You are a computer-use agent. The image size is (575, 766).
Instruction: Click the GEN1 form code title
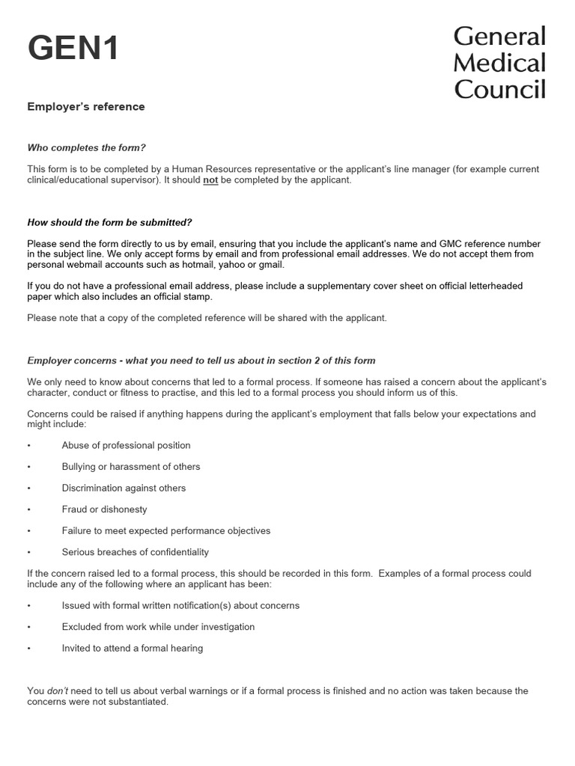pos(73,50)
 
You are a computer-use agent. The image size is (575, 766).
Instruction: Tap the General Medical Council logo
pos(499,63)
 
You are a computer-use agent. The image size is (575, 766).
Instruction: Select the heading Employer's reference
pos(86,107)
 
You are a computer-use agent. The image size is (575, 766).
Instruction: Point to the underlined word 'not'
pos(210,180)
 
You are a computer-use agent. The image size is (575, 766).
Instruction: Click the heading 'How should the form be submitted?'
pos(109,222)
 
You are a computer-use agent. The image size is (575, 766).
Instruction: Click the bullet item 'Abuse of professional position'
pos(126,445)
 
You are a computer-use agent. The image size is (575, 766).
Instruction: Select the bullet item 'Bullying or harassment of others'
pos(131,467)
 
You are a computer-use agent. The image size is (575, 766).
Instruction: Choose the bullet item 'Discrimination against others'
pos(124,488)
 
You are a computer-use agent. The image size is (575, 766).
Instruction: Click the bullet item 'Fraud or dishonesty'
pos(104,509)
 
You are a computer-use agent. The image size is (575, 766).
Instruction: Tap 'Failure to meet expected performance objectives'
pos(166,530)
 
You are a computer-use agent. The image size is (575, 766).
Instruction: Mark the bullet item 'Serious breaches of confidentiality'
pos(135,552)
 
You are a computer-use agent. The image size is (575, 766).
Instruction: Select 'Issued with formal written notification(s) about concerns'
pos(180,605)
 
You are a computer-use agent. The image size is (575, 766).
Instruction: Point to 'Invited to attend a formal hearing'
pos(133,649)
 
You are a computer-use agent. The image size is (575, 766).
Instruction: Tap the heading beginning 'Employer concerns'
pos(201,361)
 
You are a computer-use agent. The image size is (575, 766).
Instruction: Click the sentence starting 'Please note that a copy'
pos(207,318)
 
